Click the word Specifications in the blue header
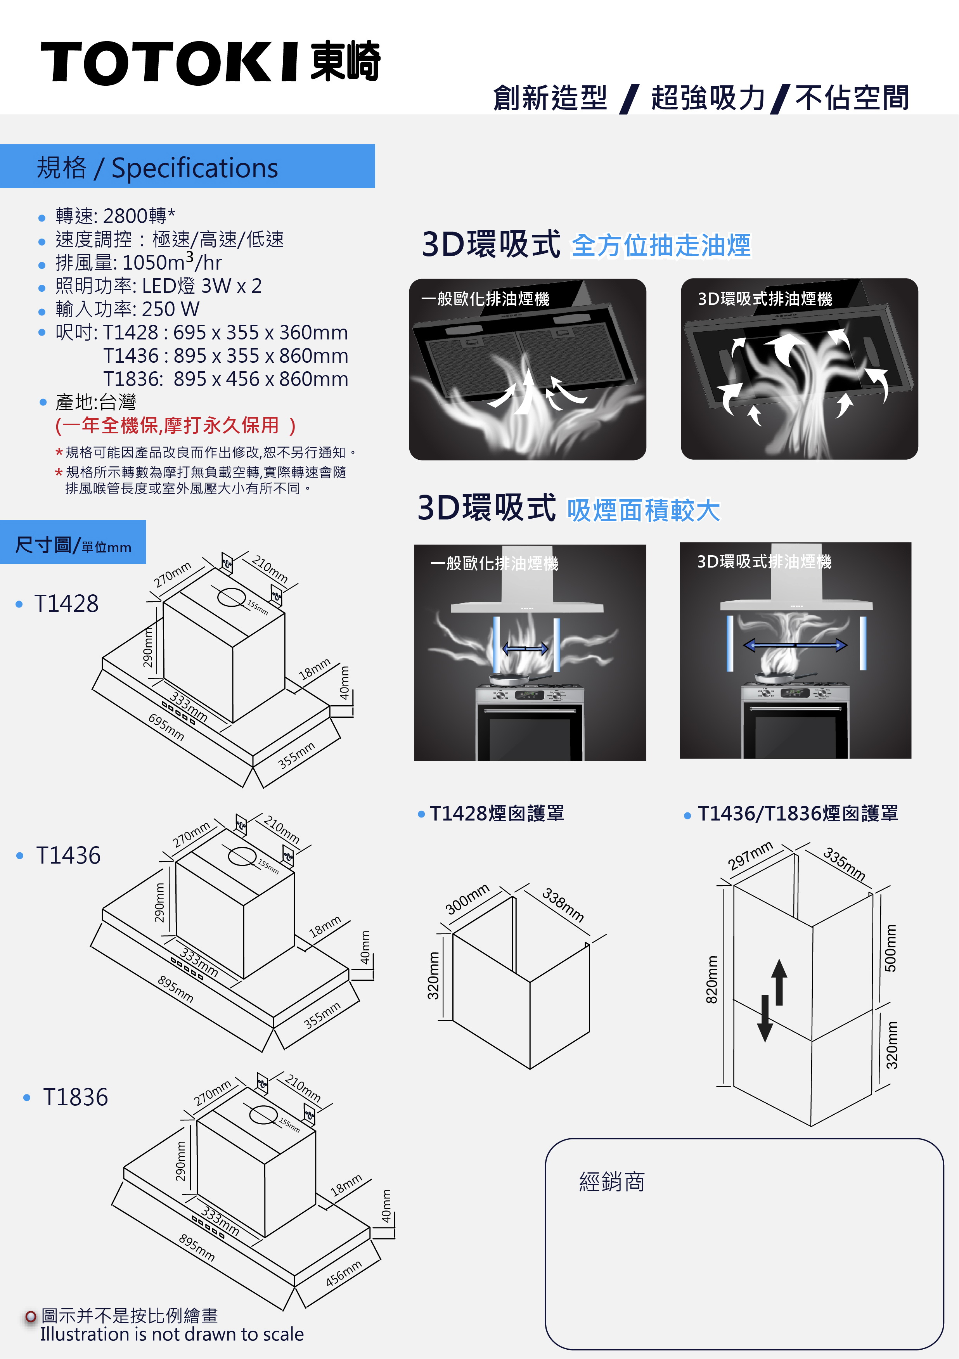tap(195, 168)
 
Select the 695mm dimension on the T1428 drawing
tap(166, 727)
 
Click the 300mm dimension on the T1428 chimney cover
tap(467, 898)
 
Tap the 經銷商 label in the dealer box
tap(611, 1182)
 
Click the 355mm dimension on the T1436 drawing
tap(322, 1015)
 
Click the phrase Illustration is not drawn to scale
tap(172, 1334)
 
